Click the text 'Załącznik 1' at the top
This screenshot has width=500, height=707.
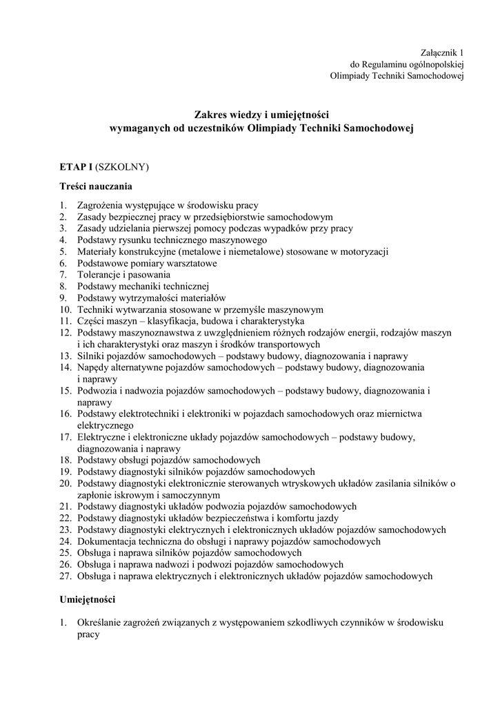click(x=442, y=52)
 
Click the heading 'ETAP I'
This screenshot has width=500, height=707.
click(x=74, y=167)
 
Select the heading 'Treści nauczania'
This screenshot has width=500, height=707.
click(x=95, y=186)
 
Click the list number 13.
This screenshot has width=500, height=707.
click(x=65, y=356)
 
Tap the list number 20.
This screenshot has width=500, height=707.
click(x=65, y=483)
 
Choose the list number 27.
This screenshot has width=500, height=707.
click(x=65, y=576)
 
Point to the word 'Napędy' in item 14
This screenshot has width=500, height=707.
click(x=94, y=367)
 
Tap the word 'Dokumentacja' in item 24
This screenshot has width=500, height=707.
click(x=110, y=541)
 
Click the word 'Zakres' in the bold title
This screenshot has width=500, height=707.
click(x=210, y=114)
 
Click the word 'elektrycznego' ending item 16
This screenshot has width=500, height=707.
click(x=106, y=425)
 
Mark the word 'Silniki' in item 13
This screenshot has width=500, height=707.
click(x=92, y=356)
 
